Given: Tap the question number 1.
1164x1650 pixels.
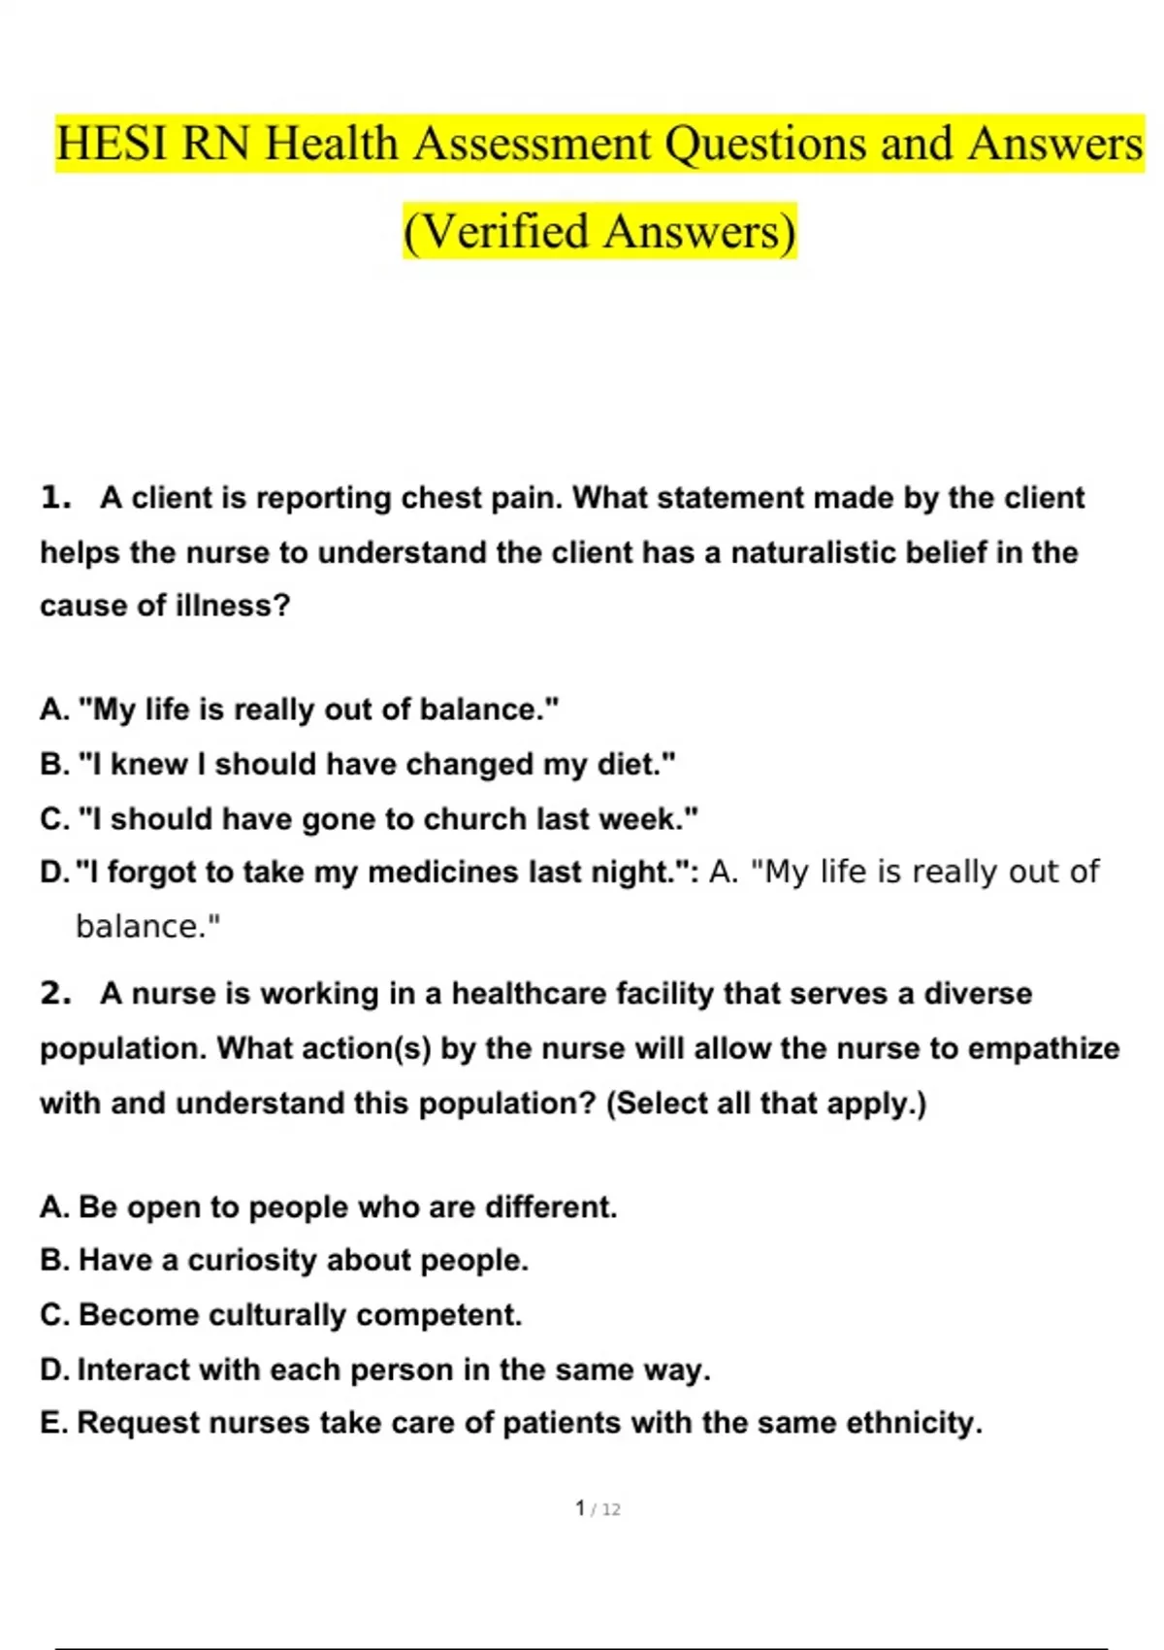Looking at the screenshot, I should click(55, 498).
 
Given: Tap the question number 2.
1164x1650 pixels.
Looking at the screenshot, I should click(55, 994).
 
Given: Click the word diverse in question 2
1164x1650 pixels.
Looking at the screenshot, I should click(978, 994).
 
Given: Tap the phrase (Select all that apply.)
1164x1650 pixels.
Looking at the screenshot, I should click(766, 1104).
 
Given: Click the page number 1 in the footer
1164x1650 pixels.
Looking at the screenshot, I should click(580, 1508).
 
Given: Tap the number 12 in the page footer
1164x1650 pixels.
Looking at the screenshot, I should click(611, 1509).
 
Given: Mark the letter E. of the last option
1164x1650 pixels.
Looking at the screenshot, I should click(54, 1423).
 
